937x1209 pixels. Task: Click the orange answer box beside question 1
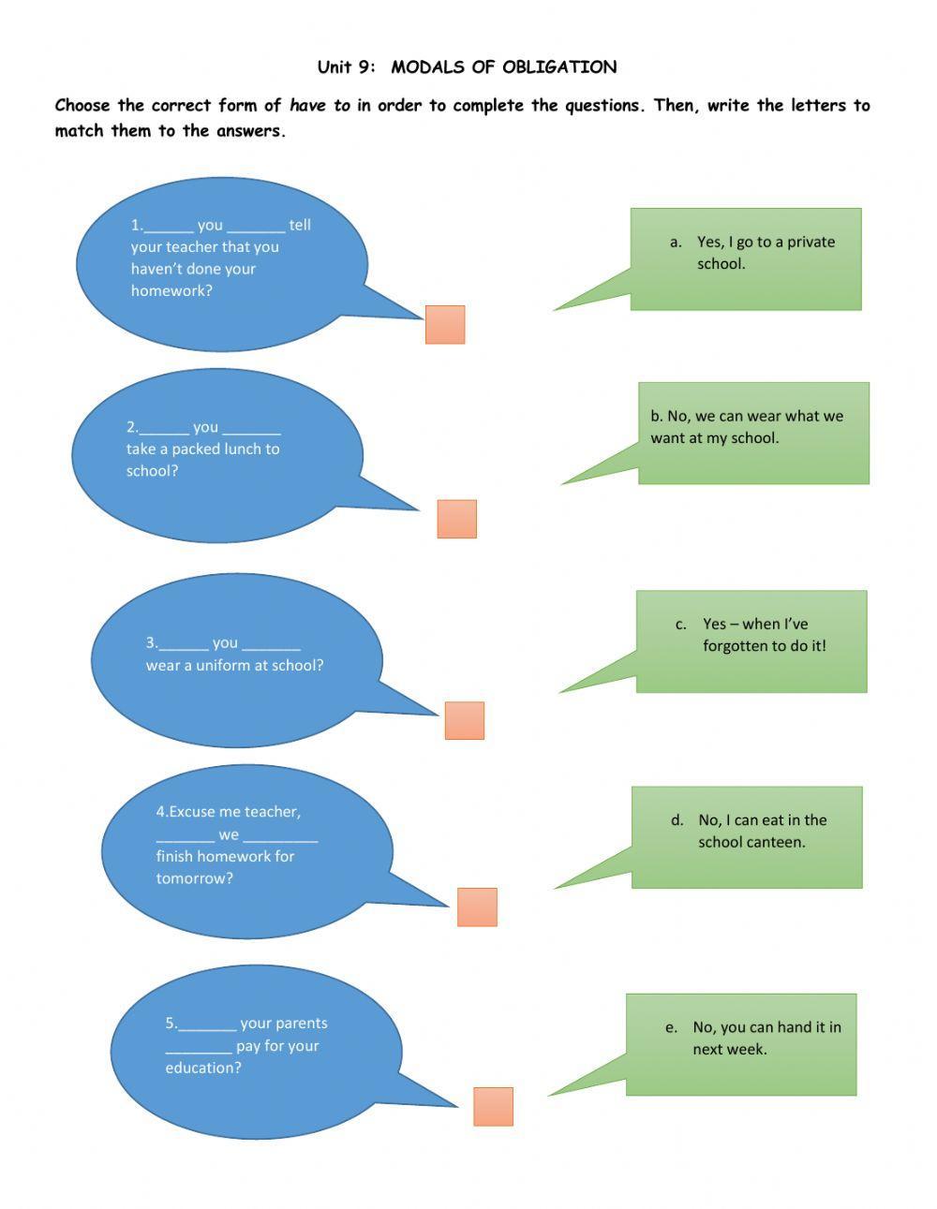[445, 325]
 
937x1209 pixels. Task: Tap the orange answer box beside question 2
[457, 519]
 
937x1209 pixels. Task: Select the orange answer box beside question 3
[465, 721]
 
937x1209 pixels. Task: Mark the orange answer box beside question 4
[477, 907]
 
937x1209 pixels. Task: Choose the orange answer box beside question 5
[493, 1107]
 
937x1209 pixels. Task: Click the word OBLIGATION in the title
[559, 67]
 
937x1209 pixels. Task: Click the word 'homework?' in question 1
[171, 291]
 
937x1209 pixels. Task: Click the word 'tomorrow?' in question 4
[194, 879]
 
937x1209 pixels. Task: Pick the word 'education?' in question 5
[203, 1069]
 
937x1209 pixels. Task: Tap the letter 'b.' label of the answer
[656, 417]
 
